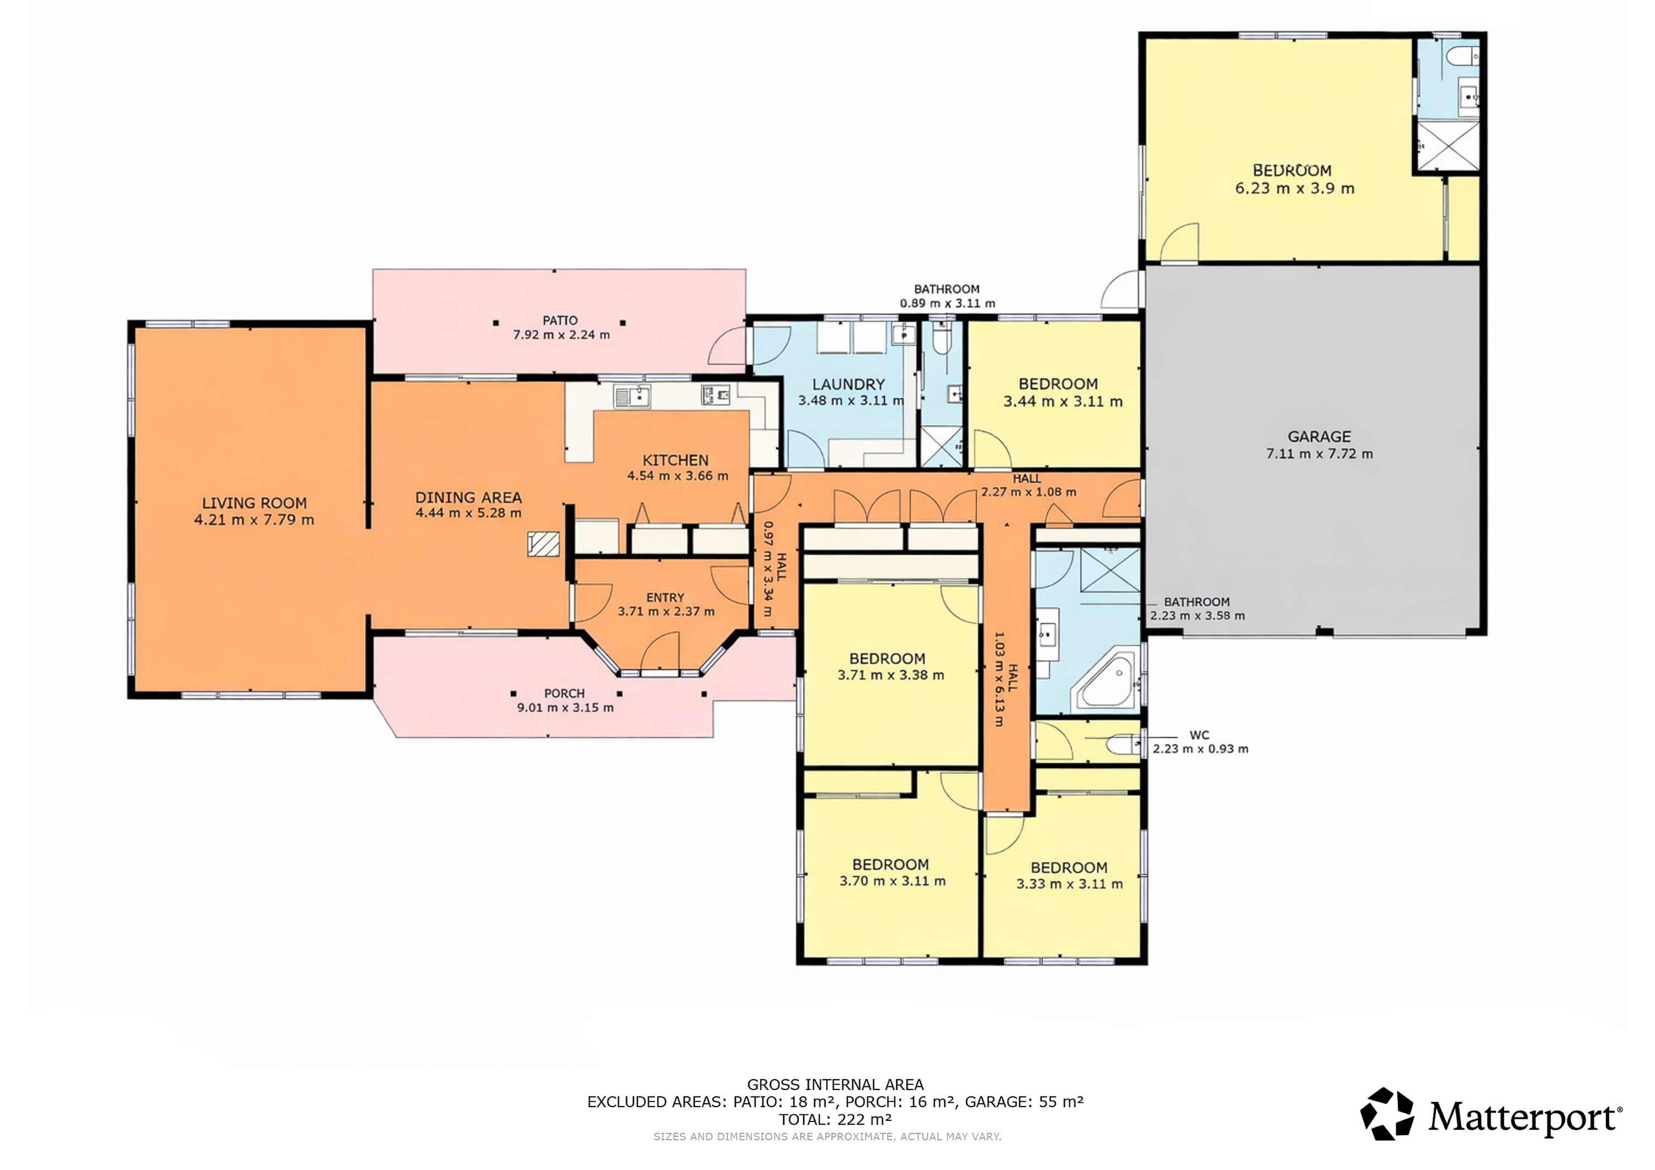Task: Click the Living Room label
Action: point(254,503)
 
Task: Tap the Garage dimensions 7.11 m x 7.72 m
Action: point(1319,454)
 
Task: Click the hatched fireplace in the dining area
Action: point(543,544)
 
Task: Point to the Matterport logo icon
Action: point(1386,1114)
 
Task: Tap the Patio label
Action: point(560,320)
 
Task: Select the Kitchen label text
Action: point(675,460)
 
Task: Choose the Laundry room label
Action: point(848,384)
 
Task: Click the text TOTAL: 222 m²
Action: point(835,1120)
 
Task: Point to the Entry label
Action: point(665,597)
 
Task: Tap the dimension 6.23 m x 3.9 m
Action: point(1295,189)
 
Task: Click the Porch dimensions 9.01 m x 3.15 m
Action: point(565,708)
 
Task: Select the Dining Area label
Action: point(468,498)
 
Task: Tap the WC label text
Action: point(1199,735)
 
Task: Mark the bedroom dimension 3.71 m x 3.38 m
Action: point(891,676)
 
